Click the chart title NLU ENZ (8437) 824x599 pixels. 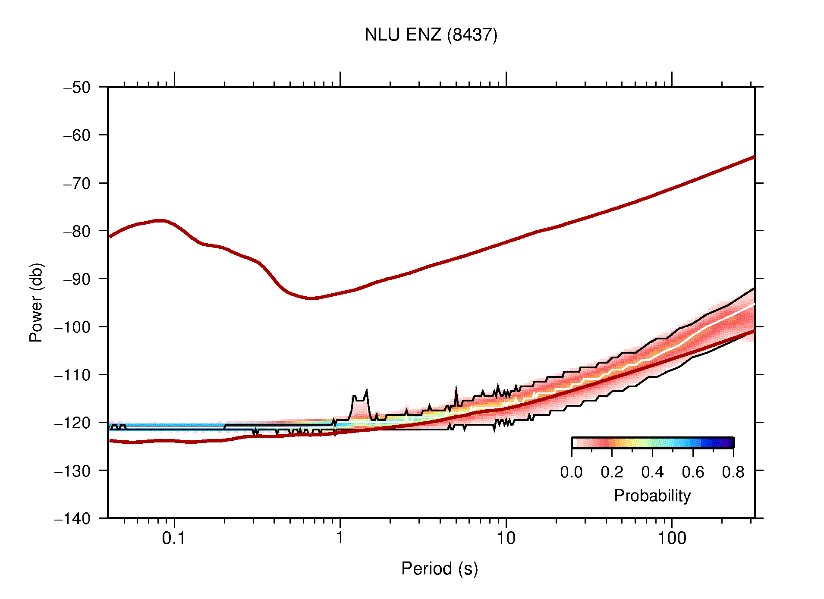(x=431, y=35)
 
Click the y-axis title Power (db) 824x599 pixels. (x=36, y=302)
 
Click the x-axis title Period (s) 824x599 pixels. (x=439, y=569)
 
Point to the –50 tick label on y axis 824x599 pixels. (x=77, y=88)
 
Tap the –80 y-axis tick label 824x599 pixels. (x=77, y=231)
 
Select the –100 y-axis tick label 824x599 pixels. (x=72, y=327)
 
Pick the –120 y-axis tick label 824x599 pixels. (x=72, y=423)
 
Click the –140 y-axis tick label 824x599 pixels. (x=72, y=518)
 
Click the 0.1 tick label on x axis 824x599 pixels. (x=174, y=538)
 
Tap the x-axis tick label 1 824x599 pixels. (x=340, y=538)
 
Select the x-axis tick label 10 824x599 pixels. (x=506, y=538)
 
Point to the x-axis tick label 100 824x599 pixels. (x=672, y=538)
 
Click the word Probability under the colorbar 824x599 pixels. (x=652, y=496)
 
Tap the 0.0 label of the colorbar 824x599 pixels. (x=571, y=473)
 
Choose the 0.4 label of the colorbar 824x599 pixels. (x=652, y=473)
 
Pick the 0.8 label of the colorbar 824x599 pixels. (x=733, y=473)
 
